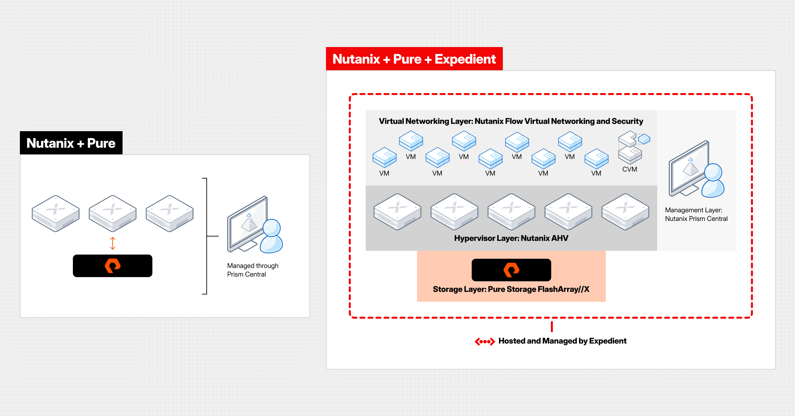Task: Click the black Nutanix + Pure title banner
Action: click(x=71, y=143)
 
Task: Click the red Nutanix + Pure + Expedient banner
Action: click(x=414, y=59)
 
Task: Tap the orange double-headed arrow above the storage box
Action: click(x=113, y=243)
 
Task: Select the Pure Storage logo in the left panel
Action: click(x=113, y=266)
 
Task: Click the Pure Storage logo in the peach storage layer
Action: click(x=511, y=270)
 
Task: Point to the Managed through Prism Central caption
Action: click(x=252, y=270)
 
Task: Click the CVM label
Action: click(x=629, y=169)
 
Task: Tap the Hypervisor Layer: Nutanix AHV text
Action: click(x=511, y=238)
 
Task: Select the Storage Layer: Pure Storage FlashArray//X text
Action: click(x=511, y=289)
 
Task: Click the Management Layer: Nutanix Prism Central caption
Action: click(x=696, y=214)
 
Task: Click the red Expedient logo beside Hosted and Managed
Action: click(x=485, y=341)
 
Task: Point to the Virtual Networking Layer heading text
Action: click(x=511, y=121)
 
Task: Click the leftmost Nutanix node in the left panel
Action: click(x=56, y=213)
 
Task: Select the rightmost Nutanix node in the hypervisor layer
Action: click(x=625, y=212)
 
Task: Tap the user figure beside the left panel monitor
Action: click(x=272, y=236)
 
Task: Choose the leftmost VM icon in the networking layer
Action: click(x=384, y=157)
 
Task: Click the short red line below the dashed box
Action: click(x=552, y=326)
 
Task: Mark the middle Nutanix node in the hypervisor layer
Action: click(x=511, y=212)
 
